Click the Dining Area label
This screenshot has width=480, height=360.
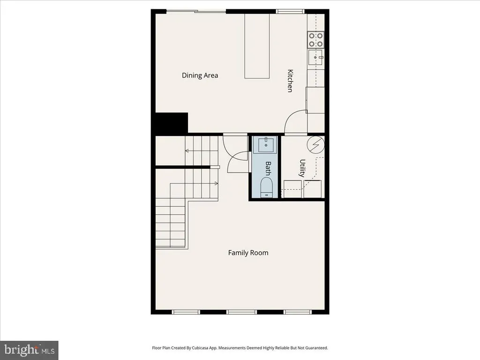(200, 75)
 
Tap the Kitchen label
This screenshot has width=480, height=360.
(290, 81)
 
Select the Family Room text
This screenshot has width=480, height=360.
(248, 253)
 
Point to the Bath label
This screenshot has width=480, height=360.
(268, 168)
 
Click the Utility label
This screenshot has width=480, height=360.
(302, 168)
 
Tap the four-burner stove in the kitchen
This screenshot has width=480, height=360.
(315, 40)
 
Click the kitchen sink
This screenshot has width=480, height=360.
(315, 58)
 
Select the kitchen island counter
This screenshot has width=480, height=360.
(257, 46)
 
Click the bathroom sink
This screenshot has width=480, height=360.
(265, 145)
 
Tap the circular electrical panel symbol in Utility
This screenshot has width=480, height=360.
(316, 145)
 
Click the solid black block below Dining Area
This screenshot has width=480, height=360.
(172, 123)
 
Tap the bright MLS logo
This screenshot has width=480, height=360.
(29, 350)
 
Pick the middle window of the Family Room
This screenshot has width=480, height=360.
(241, 312)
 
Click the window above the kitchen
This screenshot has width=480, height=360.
(290, 11)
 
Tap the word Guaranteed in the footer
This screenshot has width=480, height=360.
(317, 348)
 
